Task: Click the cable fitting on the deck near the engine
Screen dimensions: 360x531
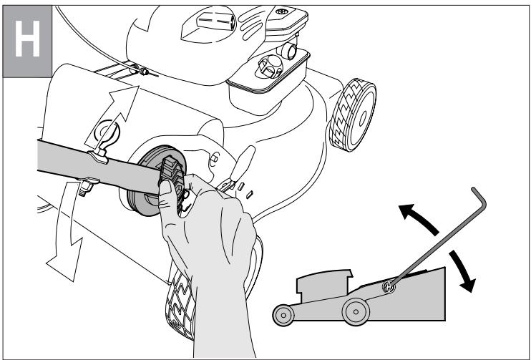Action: [144, 71]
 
